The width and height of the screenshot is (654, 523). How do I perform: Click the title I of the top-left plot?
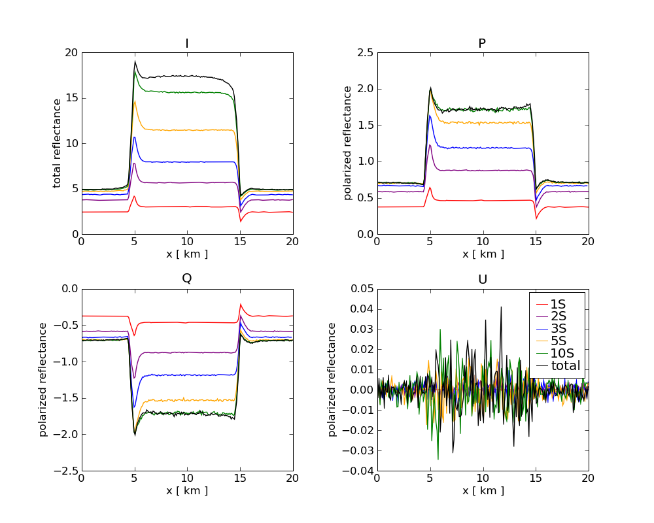pyautogui.click(x=187, y=44)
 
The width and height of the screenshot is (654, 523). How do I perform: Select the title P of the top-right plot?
pyautogui.click(x=482, y=44)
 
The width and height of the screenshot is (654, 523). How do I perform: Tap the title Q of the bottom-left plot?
pyautogui.click(x=187, y=278)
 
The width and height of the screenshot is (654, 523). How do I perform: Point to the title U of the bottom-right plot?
pyautogui.click(x=482, y=278)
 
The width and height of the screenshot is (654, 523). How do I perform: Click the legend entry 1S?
pyautogui.click(x=557, y=304)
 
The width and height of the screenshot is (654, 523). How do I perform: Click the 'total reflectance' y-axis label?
pyautogui.click(x=58, y=143)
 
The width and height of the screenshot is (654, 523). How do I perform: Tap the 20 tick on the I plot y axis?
pyautogui.click(x=69, y=53)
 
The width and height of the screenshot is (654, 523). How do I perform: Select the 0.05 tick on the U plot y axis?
pyautogui.click(x=358, y=289)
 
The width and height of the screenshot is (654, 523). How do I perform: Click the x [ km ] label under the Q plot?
pyautogui.click(x=187, y=490)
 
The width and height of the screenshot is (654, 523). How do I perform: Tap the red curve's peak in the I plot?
pyautogui.click(x=134, y=196)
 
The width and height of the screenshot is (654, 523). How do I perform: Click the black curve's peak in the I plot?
pyautogui.click(x=135, y=61)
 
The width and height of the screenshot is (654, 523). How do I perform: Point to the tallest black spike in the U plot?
pyautogui.click(x=502, y=307)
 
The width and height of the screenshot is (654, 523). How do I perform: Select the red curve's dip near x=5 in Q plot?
pyautogui.click(x=135, y=335)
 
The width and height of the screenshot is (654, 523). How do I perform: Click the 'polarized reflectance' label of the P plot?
pyautogui.click(x=348, y=143)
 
